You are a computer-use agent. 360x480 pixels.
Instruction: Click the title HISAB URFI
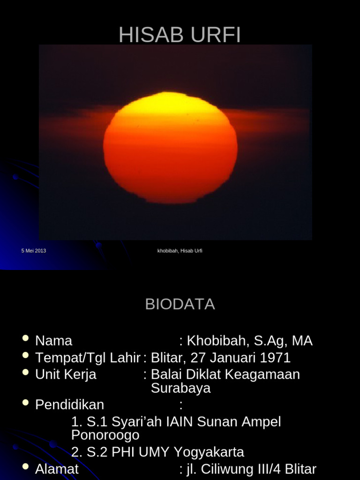tap(180, 35)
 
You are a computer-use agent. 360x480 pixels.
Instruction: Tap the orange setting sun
tap(170, 148)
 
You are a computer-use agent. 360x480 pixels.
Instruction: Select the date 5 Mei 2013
tap(34, 251)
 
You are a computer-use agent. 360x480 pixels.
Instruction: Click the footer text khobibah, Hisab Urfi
tap(180, 251)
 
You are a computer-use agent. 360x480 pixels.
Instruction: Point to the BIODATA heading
tap(180, 304)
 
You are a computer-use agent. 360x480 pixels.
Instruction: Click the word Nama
tap(53, 341)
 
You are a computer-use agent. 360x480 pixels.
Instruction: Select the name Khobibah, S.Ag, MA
tap(249, 341)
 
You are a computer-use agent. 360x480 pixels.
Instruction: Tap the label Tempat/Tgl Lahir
tap(88, 358)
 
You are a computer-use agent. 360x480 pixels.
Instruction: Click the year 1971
tap(274, 358)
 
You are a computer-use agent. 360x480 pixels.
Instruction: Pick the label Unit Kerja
tap(66, 375)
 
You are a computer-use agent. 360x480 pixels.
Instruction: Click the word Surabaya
tap(180, 388)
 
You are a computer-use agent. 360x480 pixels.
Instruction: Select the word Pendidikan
tap(69, 405)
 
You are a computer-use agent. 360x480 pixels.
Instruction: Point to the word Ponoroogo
tap(105, 435)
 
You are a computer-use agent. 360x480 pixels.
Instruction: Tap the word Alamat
tap(57, 469)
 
